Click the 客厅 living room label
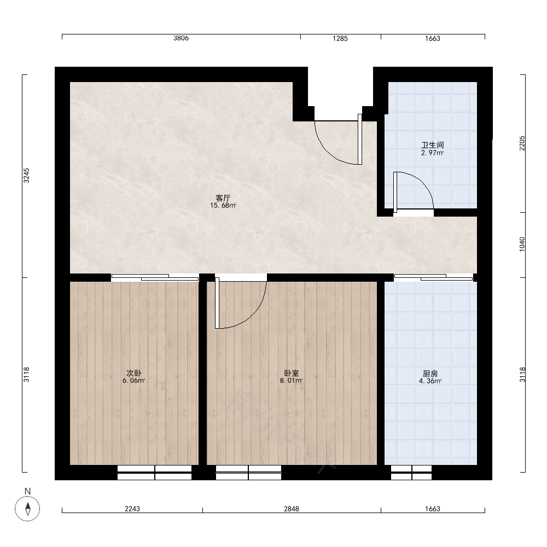(223, 198)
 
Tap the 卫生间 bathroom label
(432, 145)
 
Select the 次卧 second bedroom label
(133, 373)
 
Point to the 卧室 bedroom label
(291, 373)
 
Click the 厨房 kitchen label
(430, 374)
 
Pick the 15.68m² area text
(223, 206)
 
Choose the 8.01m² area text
(291, 381)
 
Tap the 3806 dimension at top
(181, 38)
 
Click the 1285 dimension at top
(340, 38)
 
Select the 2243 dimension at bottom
(132, 509)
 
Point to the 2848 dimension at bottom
(292, 509)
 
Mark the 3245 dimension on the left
(26, 176)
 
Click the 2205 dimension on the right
(522, 143)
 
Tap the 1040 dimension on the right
(522, 244)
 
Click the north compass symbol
(27, 508)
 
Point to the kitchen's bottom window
(411, 473)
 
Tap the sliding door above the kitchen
(434, 278)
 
